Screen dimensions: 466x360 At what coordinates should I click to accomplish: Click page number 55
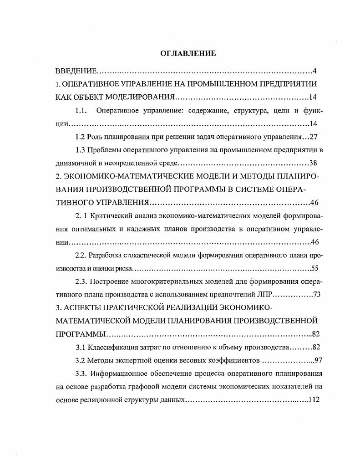point(314,268)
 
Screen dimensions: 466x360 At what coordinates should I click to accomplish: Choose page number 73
point(317,294)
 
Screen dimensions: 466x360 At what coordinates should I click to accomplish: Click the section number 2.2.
point(81,255)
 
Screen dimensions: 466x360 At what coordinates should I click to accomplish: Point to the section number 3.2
point(81,360)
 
